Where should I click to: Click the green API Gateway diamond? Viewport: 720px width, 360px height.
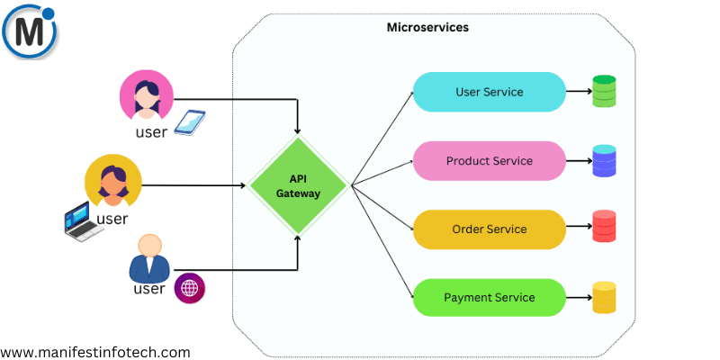point(298,185)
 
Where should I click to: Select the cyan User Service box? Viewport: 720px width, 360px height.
point(489,92)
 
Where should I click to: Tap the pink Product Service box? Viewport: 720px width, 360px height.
point(489,161)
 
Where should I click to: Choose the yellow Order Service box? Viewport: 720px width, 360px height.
point(489,229)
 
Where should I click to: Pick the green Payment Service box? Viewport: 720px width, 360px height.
point(489,298)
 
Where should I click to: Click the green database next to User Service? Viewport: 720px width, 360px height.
point(604,92)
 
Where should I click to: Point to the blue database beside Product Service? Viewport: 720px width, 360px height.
point(604,161)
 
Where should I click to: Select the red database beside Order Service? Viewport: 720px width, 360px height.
point(604,229)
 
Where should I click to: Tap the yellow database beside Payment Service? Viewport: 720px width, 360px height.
point(604,298)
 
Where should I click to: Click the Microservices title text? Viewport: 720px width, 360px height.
point(427,28)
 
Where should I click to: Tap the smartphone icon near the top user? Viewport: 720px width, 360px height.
point(189,122)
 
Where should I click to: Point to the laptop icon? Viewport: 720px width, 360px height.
point(79,221)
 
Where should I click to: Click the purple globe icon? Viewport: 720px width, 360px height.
point(189,288)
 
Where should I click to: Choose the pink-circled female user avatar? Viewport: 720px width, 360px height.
point(145,96)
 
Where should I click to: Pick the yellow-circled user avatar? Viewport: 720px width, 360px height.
point(112,181)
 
